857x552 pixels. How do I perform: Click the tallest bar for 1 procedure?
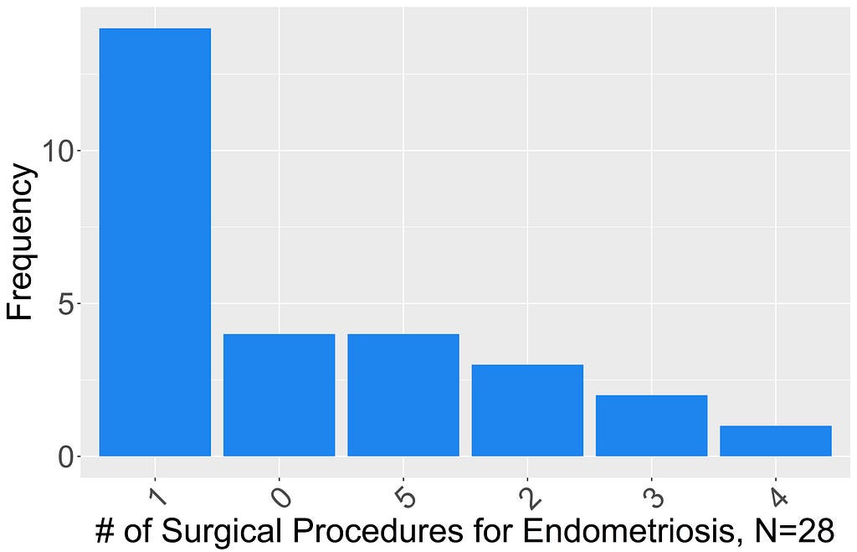click(x=155, y=242)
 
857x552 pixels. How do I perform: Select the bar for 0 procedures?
click(x=280, y=395)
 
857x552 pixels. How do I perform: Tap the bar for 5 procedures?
click(x=403, y=395)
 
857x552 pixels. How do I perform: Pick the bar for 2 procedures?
click(x=527, y=410)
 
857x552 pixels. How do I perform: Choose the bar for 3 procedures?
click(x=651, y=425)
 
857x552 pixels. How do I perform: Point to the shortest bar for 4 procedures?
click(x=776, y=441)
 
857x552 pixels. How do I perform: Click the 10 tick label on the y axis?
click(x=58, y=151)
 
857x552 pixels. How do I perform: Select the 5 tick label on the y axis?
click(x=65, y=303)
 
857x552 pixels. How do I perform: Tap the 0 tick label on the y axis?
click(x=65, y=457)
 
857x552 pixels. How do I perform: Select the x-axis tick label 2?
click(x=529, y=497)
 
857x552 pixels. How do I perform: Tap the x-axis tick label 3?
click(x=653, y=497)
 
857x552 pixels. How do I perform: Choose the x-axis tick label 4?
click(x=777, y=497)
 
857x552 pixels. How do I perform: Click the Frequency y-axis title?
click(x=20, y=241)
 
